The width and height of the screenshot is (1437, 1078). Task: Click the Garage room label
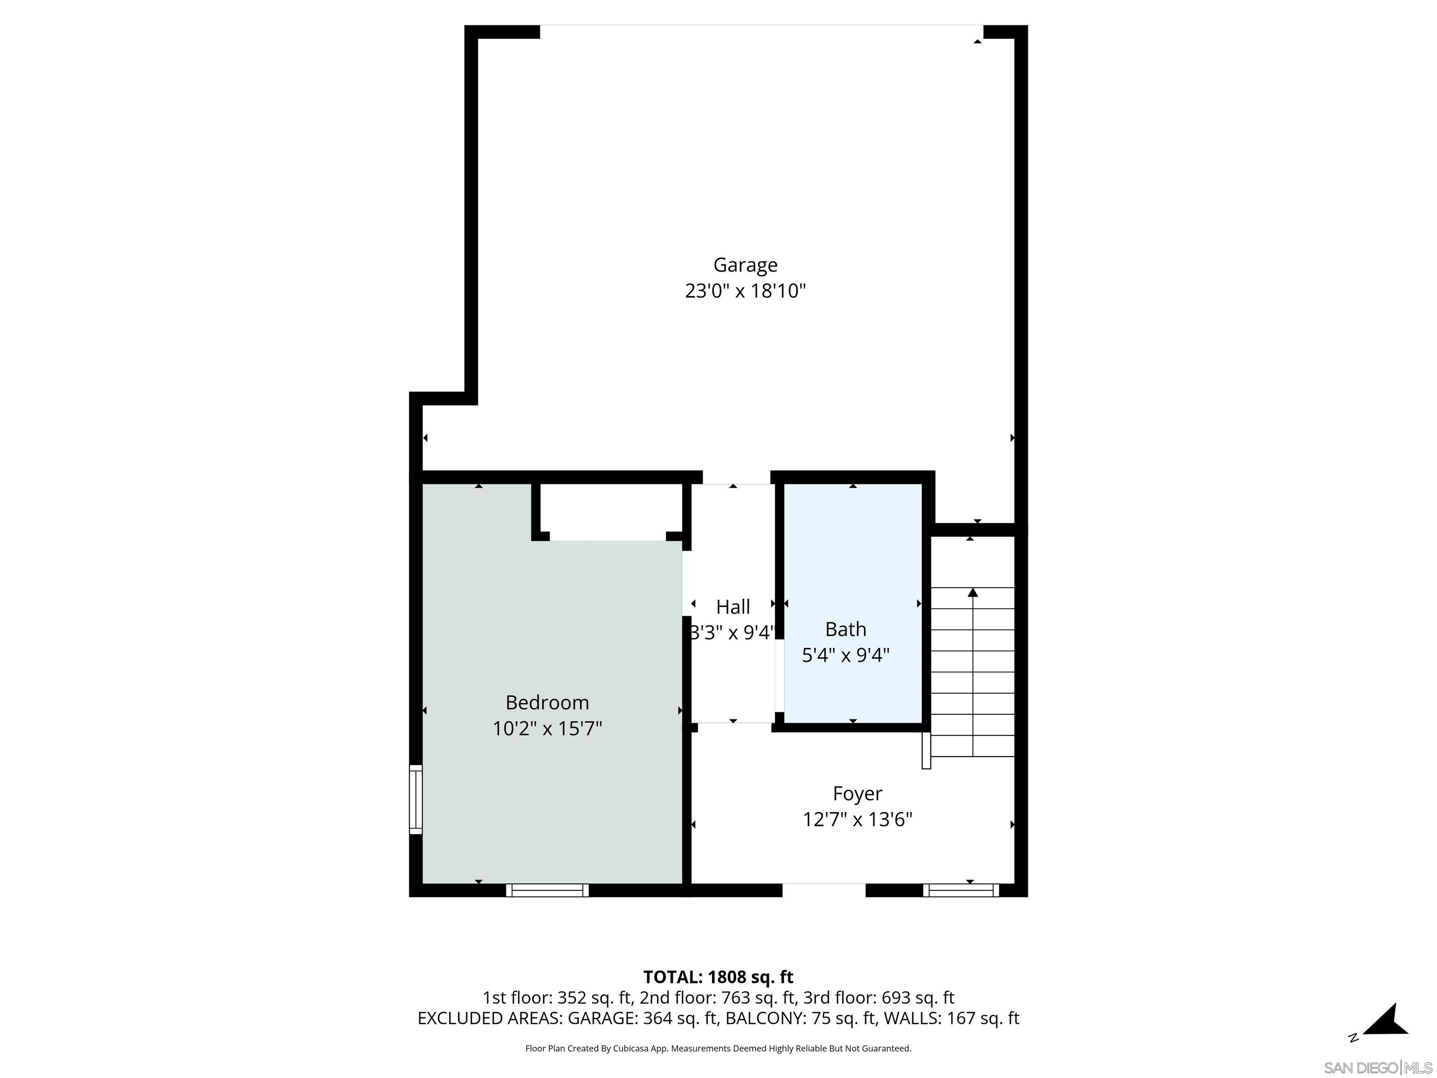coord(745,265)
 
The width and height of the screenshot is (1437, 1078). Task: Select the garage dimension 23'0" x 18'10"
coord(745,291)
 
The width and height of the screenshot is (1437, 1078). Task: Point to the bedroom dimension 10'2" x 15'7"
coord(547,728)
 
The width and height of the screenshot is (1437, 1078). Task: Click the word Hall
coord(733,607)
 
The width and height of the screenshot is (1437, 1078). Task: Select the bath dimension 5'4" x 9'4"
coord(845,655)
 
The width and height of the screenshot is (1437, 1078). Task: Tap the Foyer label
coord(857,794)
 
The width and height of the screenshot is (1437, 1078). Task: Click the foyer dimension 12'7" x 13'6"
coord(857,819)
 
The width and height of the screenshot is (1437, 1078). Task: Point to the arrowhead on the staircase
coord(973,593)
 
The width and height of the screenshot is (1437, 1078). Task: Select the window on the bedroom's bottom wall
coord(547,890)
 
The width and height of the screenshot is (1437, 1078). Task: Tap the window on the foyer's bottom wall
coord(961,890)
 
